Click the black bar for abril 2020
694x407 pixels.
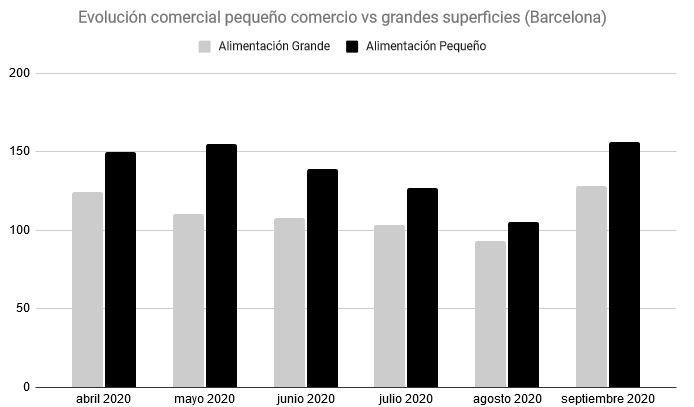(120, 269)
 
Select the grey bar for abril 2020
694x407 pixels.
(88, 289)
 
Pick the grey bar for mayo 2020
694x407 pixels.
(189, 300)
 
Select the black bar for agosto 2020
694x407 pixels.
(523, 304)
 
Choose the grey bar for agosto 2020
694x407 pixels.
(490, 314)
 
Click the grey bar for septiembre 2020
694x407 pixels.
(591, 286)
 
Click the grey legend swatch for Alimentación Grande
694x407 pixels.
(205, 46)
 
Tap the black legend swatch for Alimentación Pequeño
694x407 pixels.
(352, 46)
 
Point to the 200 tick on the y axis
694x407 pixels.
(19, 74)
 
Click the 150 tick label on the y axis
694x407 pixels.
(19, 152)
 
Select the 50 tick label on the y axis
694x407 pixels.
(22, 309)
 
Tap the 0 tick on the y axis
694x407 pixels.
(27, 387)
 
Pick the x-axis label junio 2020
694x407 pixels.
(305, 398)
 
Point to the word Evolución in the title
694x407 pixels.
(112, 18)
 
